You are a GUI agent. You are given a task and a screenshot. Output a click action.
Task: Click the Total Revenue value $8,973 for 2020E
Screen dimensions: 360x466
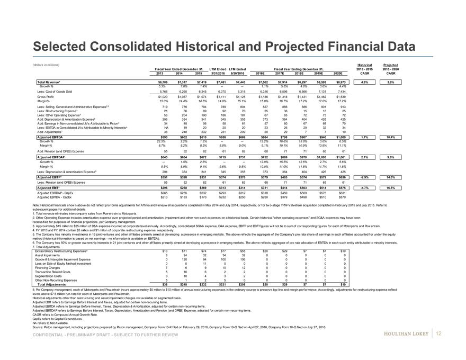342,83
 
